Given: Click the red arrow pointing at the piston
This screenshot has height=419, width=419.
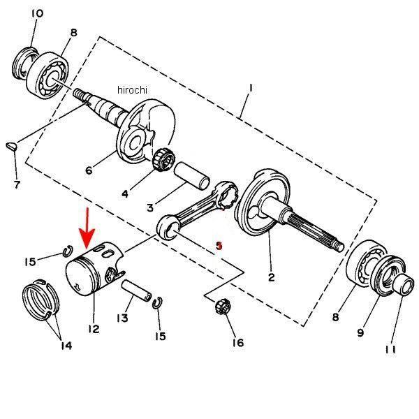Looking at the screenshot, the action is pos(87,228).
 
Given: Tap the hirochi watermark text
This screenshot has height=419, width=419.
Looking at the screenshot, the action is pos(132,90).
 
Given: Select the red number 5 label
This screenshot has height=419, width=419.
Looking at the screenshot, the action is pos(219,246).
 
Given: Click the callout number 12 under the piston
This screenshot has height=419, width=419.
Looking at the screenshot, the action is pos(94,329).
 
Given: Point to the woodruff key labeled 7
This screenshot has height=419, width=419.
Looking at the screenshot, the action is pos(12,146).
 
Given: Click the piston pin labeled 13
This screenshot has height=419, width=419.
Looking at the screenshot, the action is pos(136,291).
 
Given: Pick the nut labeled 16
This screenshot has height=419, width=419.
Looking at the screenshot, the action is pos(222,307).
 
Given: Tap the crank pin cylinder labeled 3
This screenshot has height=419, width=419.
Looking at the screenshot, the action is pos(192,176).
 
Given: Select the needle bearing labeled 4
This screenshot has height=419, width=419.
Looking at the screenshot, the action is pos(163,159).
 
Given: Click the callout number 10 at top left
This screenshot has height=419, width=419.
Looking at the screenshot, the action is pos(37,13).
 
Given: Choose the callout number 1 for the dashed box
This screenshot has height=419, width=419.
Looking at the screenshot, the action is pos(251,88).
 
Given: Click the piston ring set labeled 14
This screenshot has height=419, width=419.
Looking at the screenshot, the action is pos(41,299).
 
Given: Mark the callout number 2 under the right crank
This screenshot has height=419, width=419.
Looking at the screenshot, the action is pos(271,277).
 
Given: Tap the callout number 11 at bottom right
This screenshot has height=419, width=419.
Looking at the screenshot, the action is pos(390,350).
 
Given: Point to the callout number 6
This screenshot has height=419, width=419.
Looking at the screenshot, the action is pos(89,170).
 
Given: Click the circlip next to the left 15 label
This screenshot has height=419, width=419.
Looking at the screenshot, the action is pos(68,251).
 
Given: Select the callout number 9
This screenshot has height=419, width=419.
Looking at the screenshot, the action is pos(360,332).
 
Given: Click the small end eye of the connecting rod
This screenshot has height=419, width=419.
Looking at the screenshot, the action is pos(168,228).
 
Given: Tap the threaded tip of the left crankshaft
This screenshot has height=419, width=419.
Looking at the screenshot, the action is pos(80,94).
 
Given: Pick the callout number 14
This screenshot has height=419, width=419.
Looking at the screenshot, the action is pos(66,346).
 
